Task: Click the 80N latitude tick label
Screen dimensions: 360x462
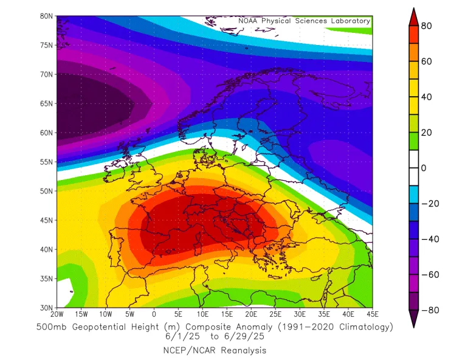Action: point(47,16)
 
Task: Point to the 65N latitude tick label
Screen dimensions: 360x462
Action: point(47,103)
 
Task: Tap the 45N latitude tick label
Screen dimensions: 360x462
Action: point(47,220)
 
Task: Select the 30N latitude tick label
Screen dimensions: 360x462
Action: point(47,308)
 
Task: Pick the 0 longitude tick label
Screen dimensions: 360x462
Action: point(154,314)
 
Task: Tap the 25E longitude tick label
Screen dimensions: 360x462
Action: point(275,314)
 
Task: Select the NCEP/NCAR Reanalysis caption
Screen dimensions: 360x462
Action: point(214,350)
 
